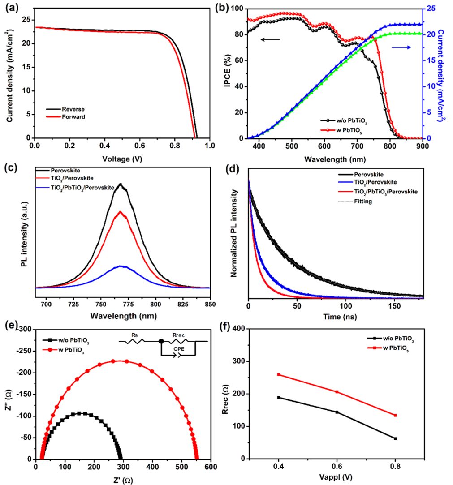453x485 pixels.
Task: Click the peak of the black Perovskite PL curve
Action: coord(120,184)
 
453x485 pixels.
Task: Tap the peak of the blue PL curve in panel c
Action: coord(122,266)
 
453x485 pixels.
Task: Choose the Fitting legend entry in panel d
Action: coord(375,202)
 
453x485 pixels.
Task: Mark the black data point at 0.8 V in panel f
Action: coord(395,438)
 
